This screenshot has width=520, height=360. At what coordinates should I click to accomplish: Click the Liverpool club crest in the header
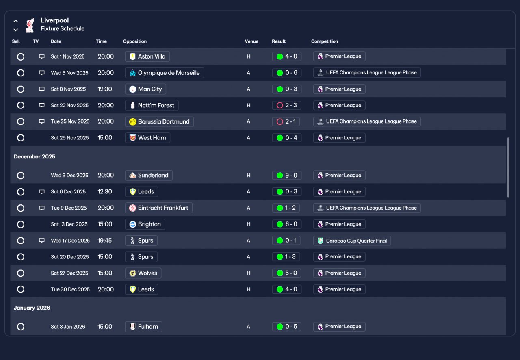tap(30, 25)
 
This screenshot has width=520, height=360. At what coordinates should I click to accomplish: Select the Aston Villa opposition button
tap(147, 56)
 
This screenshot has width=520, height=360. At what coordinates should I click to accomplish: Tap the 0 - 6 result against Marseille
tap(286, 73)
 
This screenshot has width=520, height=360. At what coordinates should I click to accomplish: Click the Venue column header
tap(251, 41)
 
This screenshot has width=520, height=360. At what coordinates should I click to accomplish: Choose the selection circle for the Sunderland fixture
tap(21, 176)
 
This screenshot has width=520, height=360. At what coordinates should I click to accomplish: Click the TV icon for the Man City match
tap(41, 89)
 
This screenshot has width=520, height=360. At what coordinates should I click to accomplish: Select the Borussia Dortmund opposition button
tap(159, 121)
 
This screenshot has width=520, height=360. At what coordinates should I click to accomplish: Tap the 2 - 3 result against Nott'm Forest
tap(286, 105)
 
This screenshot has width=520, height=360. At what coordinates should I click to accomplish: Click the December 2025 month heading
tap(35, 157)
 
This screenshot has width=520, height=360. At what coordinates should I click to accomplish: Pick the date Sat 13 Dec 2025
tap(69, 224)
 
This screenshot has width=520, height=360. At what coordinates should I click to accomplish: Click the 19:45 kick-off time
tap(104, 241)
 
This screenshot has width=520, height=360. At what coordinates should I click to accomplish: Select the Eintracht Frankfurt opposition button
tap(158, 208)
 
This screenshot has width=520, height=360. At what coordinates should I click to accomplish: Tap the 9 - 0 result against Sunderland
tap(286, 176)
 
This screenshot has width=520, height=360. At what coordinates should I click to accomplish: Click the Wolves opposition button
tap(143, 273)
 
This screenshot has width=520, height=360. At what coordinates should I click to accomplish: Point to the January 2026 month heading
tap(32, 308)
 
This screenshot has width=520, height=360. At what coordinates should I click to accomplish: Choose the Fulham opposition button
tap(143, 327)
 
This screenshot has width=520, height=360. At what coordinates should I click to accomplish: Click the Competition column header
tap(325, 41)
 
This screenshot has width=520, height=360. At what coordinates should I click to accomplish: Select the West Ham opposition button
tap(147, 138)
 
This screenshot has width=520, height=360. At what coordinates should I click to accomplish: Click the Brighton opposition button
tap(145, 224)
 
